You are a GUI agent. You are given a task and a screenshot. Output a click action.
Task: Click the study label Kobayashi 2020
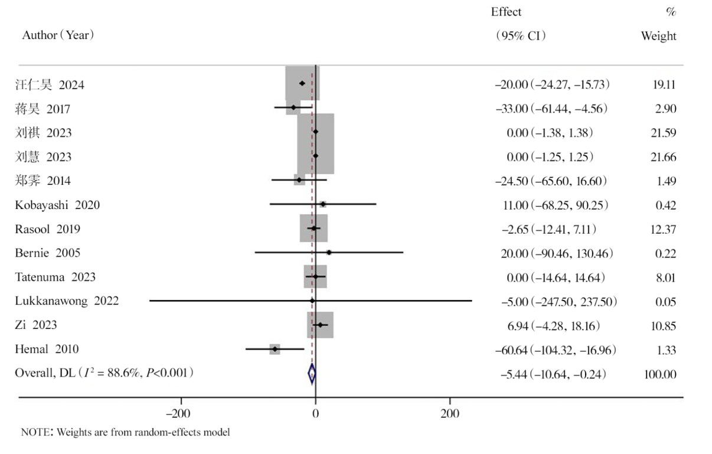tap(57, 205)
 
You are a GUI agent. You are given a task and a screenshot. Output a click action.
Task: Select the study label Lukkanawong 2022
tap(67, 301)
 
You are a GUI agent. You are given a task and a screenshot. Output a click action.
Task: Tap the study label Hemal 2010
tap(47, 350)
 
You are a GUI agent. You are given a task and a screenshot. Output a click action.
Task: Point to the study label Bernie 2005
tap(48, 253)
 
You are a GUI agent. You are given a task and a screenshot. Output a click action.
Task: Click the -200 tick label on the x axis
tap(181, 413)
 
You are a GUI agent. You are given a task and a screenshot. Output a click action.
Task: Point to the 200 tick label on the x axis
tap(450, 413)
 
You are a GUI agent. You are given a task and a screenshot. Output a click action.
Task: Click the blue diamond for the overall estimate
tap(312, 374)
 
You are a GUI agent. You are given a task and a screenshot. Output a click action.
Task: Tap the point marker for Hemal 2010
tap(275, 350)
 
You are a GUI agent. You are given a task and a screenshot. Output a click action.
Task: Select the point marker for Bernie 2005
tap(329, 253)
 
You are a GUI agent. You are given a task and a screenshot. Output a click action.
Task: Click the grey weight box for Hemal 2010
tap(275, 349)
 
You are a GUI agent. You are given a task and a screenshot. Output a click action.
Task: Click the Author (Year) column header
tap(58, 35)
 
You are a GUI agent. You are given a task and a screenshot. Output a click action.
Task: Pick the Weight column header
tap(659, 36)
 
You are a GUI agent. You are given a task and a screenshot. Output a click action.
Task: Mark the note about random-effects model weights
tap(125, 433)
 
